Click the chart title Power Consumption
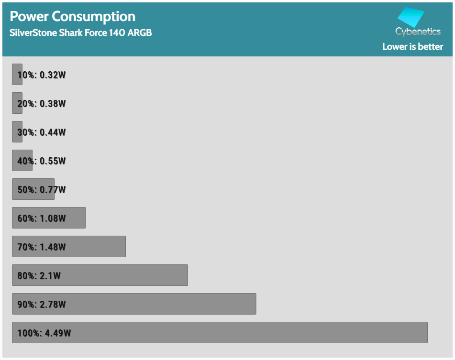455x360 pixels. point(73,16)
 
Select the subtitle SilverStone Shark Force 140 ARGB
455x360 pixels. point(81,33)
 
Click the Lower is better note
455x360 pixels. point(412,46)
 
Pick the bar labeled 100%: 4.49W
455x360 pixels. point(220,332)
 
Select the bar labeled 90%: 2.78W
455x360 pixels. point(134,304)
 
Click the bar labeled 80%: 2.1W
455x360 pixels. point(100,275)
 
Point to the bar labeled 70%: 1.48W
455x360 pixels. point(69,246)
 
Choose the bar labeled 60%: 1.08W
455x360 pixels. point(49,218)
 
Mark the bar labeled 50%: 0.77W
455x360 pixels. point(33,189)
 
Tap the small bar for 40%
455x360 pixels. point(22,160)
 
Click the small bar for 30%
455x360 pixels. point(17,131)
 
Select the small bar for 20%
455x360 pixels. point(17,103)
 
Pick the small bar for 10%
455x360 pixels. point(17,74)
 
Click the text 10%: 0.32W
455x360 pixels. point(42,75)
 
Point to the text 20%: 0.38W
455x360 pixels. point(42,104)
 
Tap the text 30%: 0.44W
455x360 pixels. point(42,132)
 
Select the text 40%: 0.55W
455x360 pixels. point(42,161)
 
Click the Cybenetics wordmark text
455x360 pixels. point(418,32)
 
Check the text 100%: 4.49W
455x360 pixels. point(44,333)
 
